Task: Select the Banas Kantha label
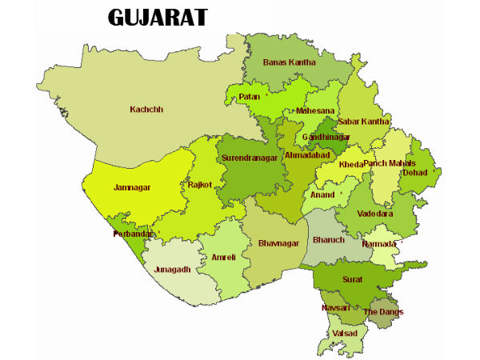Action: coord(290,62)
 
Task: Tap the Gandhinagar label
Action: coord(326,138)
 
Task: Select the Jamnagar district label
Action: coord(131,187)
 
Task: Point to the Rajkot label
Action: coord(200,185)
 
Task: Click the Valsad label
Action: coord(346,332)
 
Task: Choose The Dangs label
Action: coord(384,311)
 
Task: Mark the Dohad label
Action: coord(415,172)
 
